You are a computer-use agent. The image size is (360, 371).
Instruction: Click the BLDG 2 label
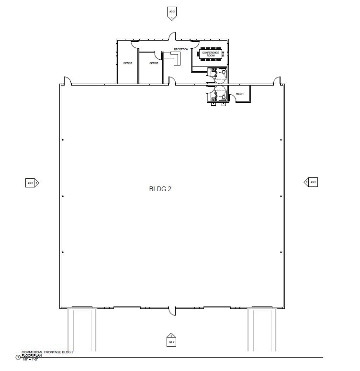coord(160,189)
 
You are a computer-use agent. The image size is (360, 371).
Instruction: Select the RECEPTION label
coord(181,49)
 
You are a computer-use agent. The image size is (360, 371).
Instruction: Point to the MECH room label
coord(240,94)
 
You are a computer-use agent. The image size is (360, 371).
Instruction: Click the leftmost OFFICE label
coord(127,63)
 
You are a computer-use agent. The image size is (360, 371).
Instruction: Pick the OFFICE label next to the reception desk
coord(154,63)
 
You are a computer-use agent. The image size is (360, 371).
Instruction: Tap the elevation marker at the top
coord(171,13)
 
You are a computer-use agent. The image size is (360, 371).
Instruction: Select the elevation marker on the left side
coord(32,182)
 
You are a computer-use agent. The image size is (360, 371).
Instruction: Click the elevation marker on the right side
coord(311,182)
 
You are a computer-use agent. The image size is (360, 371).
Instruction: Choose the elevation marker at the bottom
coord(171,340)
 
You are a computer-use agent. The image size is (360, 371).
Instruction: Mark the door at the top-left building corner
coord(67,81)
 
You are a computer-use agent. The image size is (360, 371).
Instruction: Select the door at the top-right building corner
coord(276,81)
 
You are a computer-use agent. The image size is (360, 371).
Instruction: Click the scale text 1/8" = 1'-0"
coord(30,359)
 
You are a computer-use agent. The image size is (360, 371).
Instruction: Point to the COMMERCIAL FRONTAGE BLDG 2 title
coord(47,352)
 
